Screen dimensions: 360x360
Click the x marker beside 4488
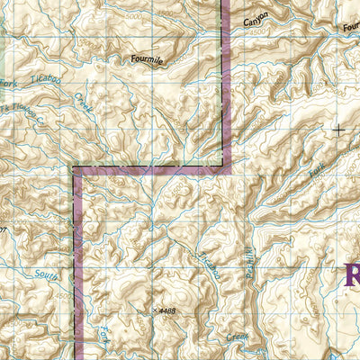[x=155, y=310]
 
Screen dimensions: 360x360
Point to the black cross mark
[x=338, y=130]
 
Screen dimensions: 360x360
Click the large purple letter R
[x=351, y=274]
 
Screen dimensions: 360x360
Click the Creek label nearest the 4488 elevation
[x=237, y=336]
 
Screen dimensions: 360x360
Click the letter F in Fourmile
[x=131, y=60]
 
